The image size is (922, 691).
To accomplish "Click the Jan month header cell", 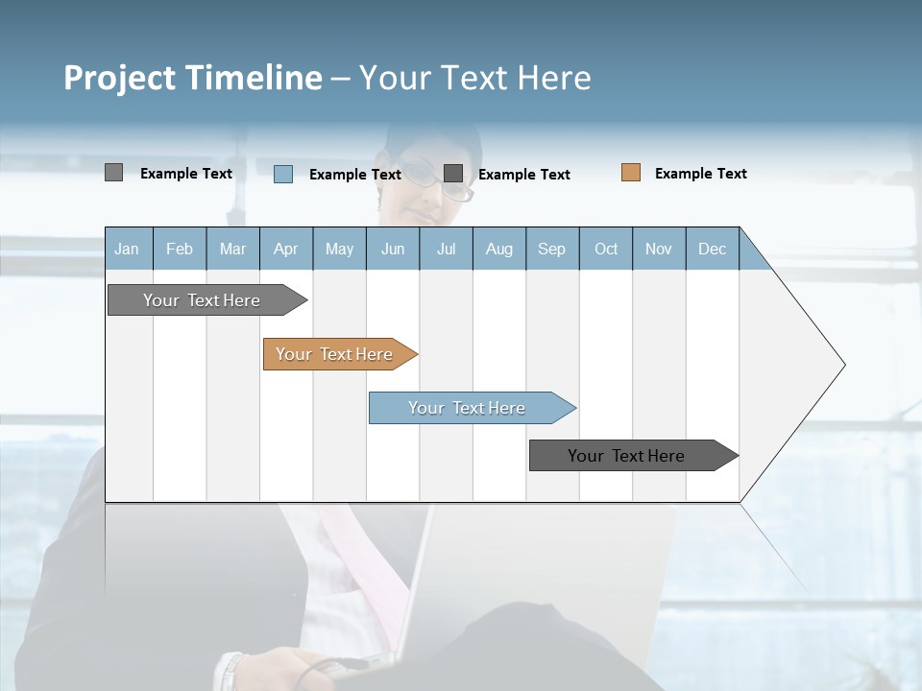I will (128, 249).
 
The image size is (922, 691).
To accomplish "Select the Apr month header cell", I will (286, 249).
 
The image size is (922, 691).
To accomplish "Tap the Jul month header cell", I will (446, 249).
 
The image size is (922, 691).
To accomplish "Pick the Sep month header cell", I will (552, 249).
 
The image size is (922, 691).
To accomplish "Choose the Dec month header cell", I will (712, 249).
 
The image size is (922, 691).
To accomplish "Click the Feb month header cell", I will (180, 249).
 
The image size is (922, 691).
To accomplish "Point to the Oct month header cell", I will (606, 249).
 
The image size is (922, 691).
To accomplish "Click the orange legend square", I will (631, 173).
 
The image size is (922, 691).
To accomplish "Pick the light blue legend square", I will (283, 174).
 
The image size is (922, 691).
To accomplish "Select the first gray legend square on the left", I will (114, 173).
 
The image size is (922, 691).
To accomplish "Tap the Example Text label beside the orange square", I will (700, 174).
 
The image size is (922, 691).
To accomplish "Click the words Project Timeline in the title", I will (192, 78).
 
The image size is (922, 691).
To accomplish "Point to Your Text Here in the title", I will (474, 78).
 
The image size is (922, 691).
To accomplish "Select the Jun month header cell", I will (393, 249).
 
